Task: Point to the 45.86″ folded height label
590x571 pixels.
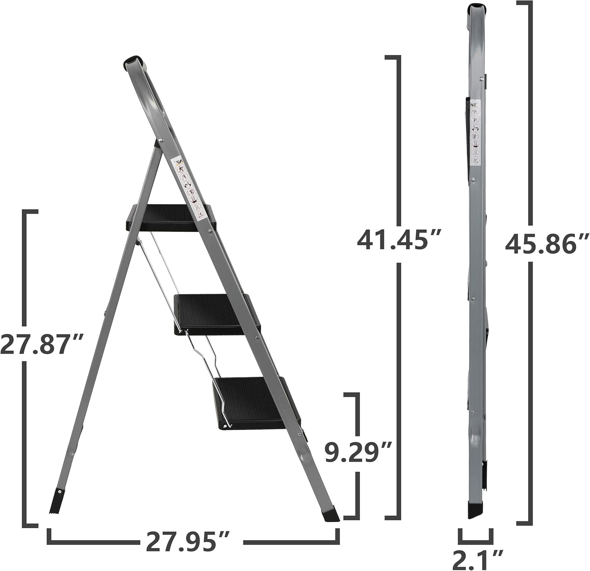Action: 547,244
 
